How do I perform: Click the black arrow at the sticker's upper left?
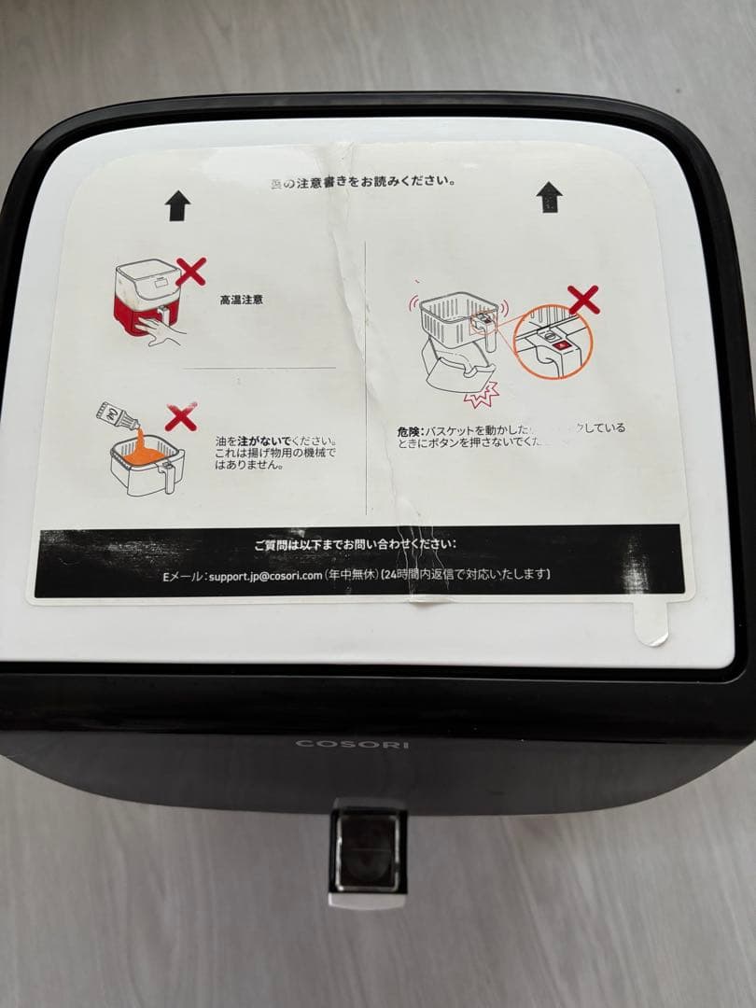pyautogui.click(x=178, y=205)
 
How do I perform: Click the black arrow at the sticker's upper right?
pyautogui.click(x=550, y=196)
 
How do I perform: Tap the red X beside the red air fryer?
pyautogui.click(x=190, y=273)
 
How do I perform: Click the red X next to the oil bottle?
pyautogui.click(x=180, y=417)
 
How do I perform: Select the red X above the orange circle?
pyautogui.click(x=583, y=300)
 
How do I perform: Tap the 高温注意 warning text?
pyautogui.click(x=241, y=301)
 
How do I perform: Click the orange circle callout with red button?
pyautogui.click(x=553, y=342)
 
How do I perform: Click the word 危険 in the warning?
pyautogui.click(x=409, y=432)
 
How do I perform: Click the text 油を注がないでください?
pyautogui.click(x=276, y=441)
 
